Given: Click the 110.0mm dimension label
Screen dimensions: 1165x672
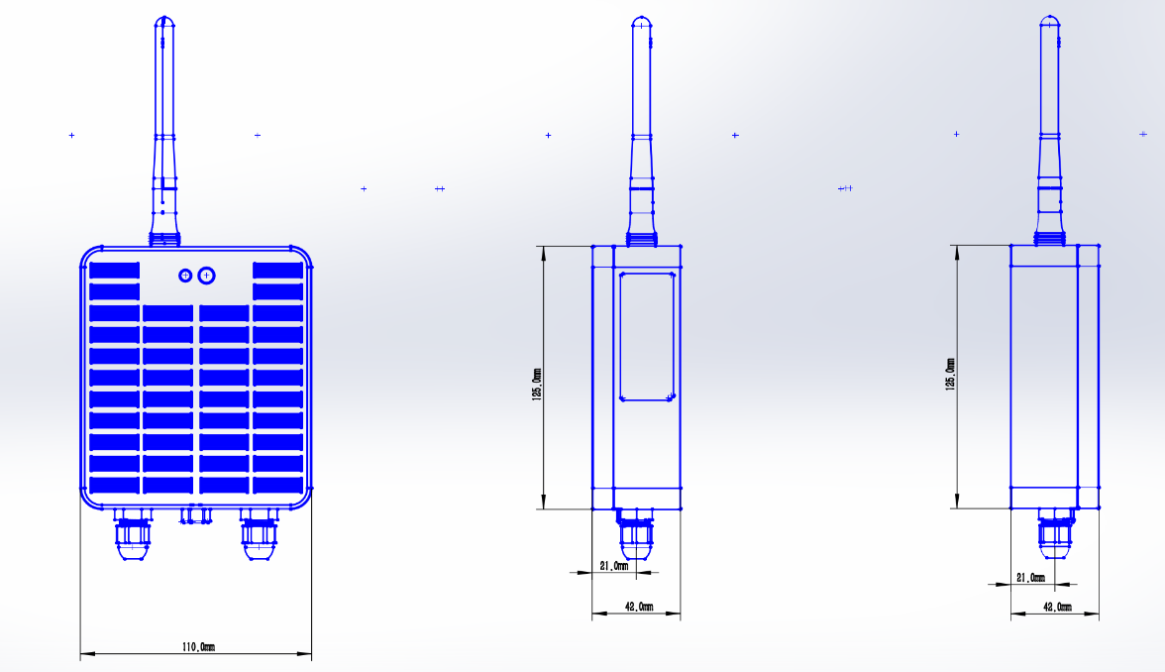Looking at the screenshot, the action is click(x=198, y=646).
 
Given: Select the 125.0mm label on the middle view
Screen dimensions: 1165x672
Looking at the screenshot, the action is click(x=537, y=385).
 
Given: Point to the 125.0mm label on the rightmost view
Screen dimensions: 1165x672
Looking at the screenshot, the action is click(x=950, y=375).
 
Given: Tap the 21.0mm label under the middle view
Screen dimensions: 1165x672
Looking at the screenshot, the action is click(x=614, y=566).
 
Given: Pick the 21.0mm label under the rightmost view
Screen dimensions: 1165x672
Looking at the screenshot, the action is click(x=1030, y=578).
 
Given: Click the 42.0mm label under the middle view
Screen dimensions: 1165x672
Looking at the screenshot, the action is click(x=639, y=607).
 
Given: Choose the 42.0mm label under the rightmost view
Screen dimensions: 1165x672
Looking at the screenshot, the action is click(x=1057, y=607).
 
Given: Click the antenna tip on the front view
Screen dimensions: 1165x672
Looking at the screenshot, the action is click(x=164, y=17).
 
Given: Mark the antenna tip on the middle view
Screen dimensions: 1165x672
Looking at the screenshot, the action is click(x=641, y=17).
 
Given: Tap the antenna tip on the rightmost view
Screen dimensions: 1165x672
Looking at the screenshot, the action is click(x=1049, y=16).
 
